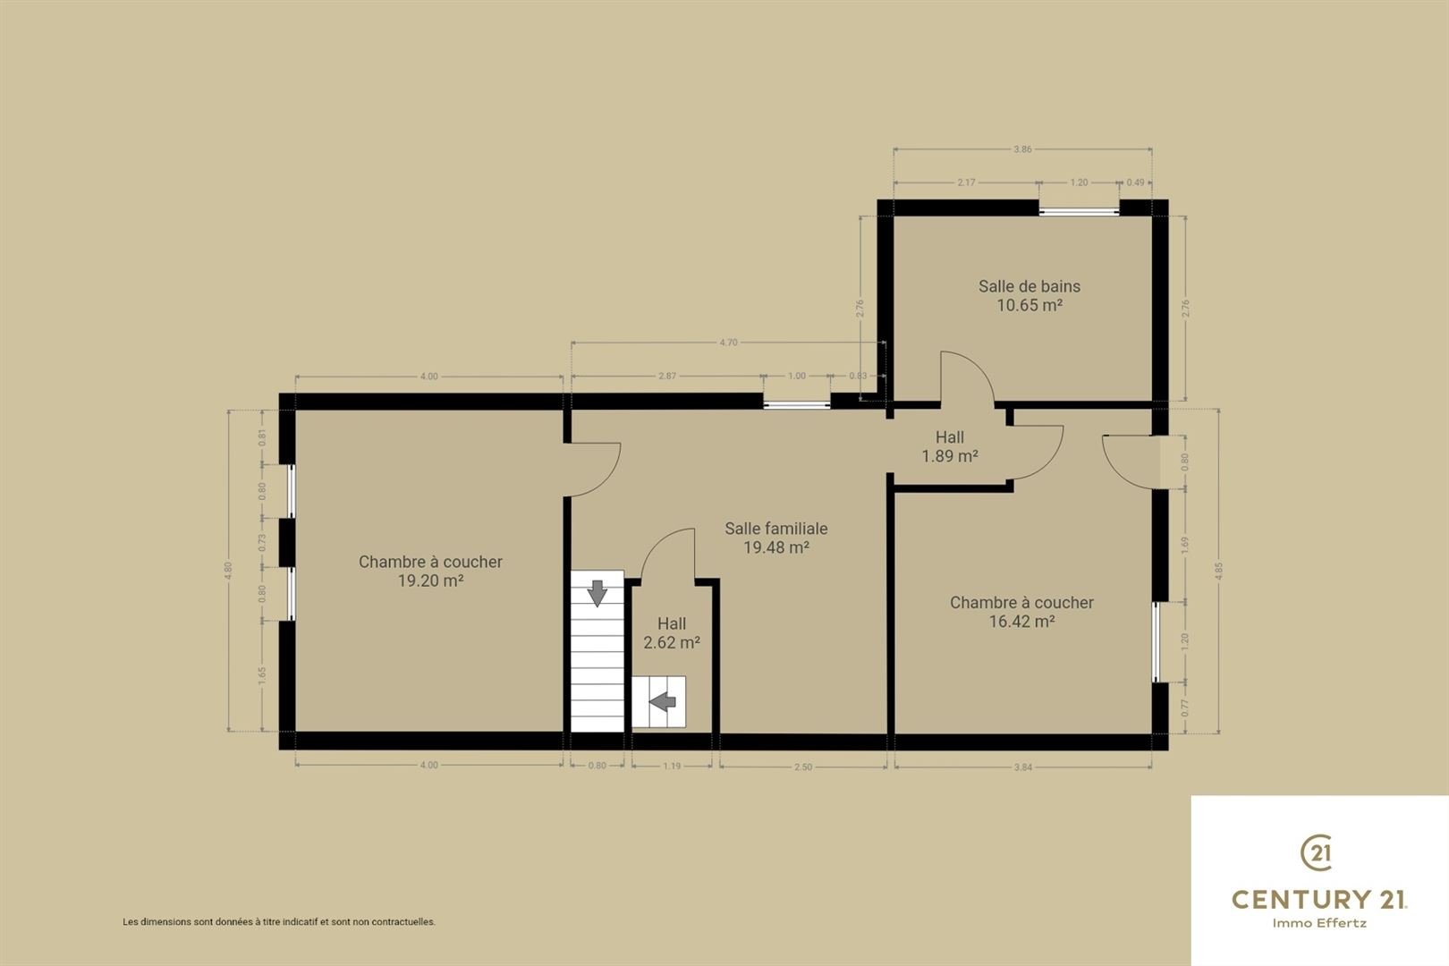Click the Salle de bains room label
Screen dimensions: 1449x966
(x=1030, y=286)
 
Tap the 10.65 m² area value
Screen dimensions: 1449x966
(x=1030, y=305)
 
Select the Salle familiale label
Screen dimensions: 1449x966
(x=776, y=529)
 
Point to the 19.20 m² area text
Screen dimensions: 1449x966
(x=430, y=581)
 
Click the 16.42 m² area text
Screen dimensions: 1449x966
(x=1022, y=622)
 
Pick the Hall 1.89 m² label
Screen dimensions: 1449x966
(x=950, y=446)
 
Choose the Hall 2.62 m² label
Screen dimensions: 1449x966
(x=672, y=633)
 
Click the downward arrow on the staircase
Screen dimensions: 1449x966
(x=597, y=593)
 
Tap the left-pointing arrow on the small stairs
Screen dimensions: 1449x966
(x=663, y=701)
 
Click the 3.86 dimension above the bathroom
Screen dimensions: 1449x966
(x=1022, y=149)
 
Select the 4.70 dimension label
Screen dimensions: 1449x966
(x=728, y=343)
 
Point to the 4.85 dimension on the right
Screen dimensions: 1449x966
(x=1219, y=571)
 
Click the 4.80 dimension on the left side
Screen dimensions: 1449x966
(x=228, y=571)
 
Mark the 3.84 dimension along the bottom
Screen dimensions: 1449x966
(x=1022, y=767)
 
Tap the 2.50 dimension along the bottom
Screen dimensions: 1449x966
(x=803, y=767)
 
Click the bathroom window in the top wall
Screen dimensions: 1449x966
(x=1079, y=211)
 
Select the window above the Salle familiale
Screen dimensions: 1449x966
(x=796, y=406)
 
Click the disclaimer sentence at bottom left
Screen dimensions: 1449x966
(x=279, y=922)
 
